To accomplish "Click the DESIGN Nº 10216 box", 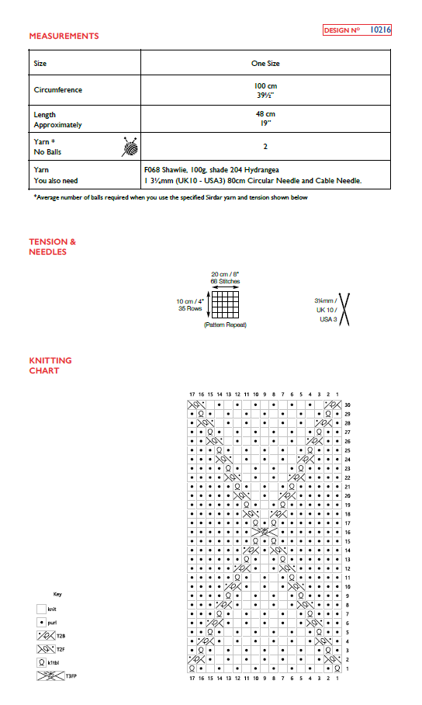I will pyautogui.click(x=357, y=30).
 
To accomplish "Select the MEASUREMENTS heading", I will pyautogui.click(x=64, y=36).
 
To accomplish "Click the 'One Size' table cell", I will pyautogui.click(x=266, y=63).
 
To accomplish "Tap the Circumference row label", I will pyautogui.click(x=58, y=89).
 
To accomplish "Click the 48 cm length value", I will pyautogui.click(x=265, y=114).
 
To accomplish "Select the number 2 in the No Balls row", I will pyautogui.click(x=266, y=145).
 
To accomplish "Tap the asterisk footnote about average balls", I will pyautogui.click(x=171, y=197).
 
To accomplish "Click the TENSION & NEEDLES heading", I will pyautogui.click(x=53, y=247).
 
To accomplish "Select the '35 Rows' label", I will pyautogui.click(x=189, y=308).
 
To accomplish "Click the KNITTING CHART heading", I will pyautogui.click(x=50, y=366).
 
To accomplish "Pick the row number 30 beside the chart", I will pyautogui.click(x=348, y=405).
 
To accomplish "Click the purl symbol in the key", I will pyautogui.click(x=41, y=622).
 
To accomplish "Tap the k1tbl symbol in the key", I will pyautogui.click(x=41, y=662).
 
